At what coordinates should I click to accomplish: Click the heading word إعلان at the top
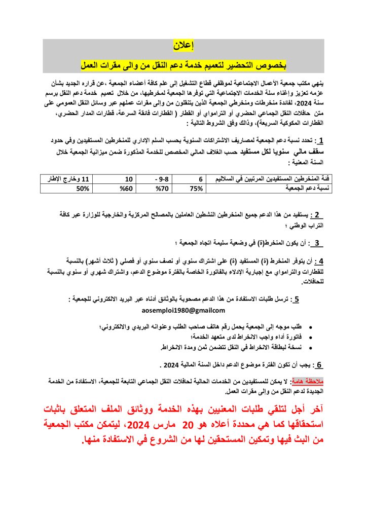click(183, 47)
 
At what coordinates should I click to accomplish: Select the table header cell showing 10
click(129, 179)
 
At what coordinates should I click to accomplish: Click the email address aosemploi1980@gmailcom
click(183, 310)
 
